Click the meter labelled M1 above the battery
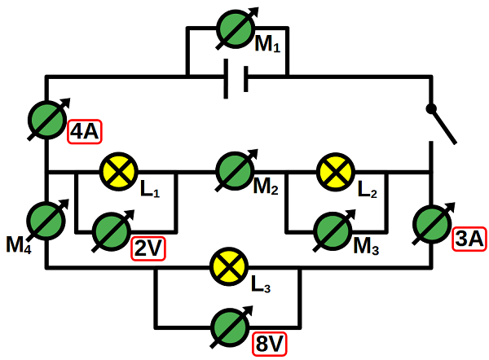click(x=237, y=29)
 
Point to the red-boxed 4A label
click(x=85, y=131)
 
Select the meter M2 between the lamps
click(x=236, y=172)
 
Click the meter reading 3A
click(x=432, y=222)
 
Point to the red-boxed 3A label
click(x=469, y=239)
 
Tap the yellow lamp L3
click(x=229, y=268)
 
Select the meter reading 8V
click(x=229, y=327)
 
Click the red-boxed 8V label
click(x=269, y=345)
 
